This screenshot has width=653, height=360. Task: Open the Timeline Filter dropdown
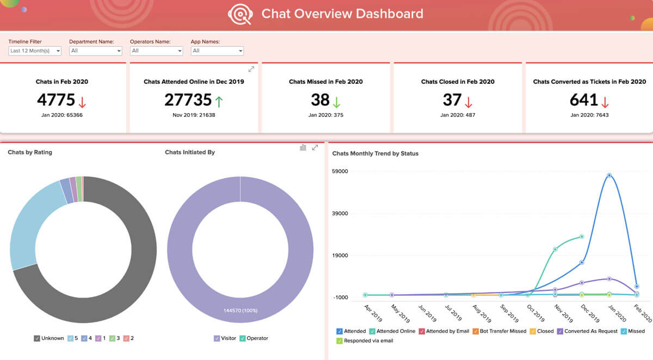(x=35, y=51)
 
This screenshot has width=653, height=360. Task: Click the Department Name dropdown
(x=96, y=51)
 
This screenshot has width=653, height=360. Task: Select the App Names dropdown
(x=217, y=51)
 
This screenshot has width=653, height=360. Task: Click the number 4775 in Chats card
(x=56, y=100)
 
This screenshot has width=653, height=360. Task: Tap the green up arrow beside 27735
(x=219, y=101)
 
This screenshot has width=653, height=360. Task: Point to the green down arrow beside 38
(x=337, y=101)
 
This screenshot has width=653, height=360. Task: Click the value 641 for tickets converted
(x=584, y=100)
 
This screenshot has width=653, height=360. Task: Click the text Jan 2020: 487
(x=458, y=115)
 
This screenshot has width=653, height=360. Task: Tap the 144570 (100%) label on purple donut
(x=240, y=311)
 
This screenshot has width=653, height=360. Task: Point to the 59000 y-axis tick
(x=340, y=171)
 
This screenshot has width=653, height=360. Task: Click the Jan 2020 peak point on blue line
(x=609, y=175)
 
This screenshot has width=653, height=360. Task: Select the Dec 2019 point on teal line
(x=582, y=237)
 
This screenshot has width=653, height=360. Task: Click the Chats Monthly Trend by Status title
(x=375, y=153)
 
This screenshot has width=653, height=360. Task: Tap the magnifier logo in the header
(x=241, y=14)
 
